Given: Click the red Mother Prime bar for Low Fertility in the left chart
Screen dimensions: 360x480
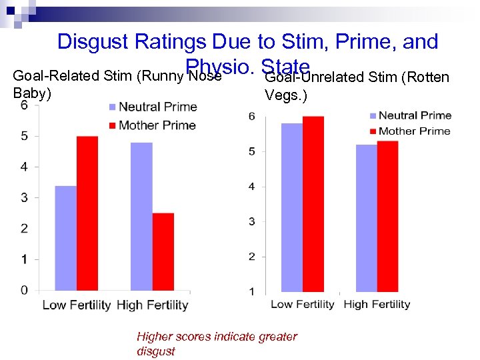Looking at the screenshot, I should point(87,213).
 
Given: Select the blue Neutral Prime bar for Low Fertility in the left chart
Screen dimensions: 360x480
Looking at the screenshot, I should point(65,238).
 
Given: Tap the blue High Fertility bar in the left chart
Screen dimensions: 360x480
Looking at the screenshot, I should point(141,216).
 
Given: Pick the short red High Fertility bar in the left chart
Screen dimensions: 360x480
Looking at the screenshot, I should point(163,251).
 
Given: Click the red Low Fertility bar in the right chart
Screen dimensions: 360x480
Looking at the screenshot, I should point(313,203).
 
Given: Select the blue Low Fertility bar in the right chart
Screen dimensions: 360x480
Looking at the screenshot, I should point(291,207).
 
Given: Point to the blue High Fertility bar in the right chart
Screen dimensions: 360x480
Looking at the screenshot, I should point(366,217).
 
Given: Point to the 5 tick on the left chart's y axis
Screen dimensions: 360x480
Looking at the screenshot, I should point(24,136).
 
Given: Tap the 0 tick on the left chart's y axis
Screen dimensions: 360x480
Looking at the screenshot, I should point(24,290).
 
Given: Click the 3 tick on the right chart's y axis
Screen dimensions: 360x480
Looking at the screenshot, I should point(252,221).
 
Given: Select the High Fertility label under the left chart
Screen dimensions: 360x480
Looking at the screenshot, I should point(153,305).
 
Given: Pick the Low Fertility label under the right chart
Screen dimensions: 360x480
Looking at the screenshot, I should point(302,305).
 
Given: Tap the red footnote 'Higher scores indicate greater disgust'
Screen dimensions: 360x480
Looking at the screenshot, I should point(217,343).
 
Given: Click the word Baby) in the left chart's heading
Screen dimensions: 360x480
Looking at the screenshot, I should point(32,93).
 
